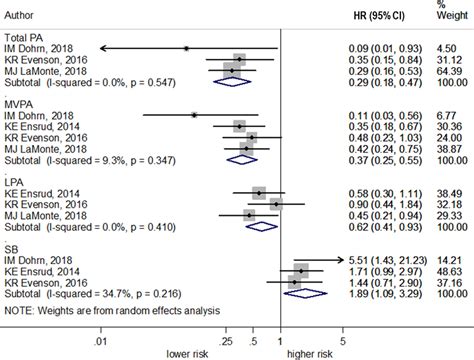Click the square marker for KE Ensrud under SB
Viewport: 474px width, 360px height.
click(x=301, y=270)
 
